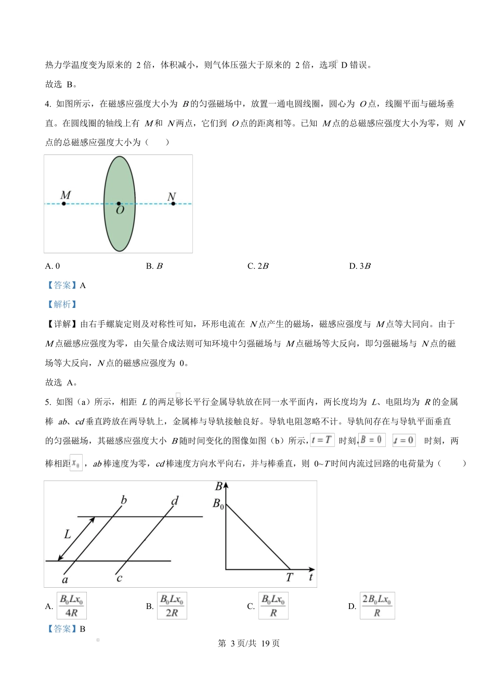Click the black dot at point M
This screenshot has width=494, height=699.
pyautogui.click(x=64, y=203)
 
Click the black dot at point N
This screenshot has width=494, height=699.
pyautogui.click(x=173, y=203)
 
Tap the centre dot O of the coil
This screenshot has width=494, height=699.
pyautogui.click(x=119, y=204)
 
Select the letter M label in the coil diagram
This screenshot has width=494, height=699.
pyautogui.click(x=66, y=195)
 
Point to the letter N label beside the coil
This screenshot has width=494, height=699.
pyautogui.click(x=172, y=197)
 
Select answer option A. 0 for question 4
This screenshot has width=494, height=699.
pyautogui.click(x=53, y=266)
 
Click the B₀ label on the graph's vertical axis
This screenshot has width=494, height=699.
pyautogui.click(x=218, y=503)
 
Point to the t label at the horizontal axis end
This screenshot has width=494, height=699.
pyautogui.click(x=310, y=576)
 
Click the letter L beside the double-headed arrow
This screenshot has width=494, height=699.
pyautogui.click(x=67, y=534)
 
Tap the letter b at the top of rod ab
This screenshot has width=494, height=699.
pyautogui.click(x=124, y=500)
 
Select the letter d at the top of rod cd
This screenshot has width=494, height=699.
pyautogui.click(x=175, y=501)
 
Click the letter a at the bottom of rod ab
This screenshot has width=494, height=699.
pyautogui.click(x=65, y=579)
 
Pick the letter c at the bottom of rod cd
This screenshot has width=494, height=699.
pyautogui.click(x=119, y=578)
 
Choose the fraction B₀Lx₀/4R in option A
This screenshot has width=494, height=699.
pyautogui.click(x=72, y=606)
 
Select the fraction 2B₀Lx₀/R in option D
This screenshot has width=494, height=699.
pyautogui.click(x=377, y=606)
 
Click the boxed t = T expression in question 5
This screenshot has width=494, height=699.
pyautogui.click(x=322, y=440)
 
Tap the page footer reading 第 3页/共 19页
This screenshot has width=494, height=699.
pyautogui.click(x=249, y=643)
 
